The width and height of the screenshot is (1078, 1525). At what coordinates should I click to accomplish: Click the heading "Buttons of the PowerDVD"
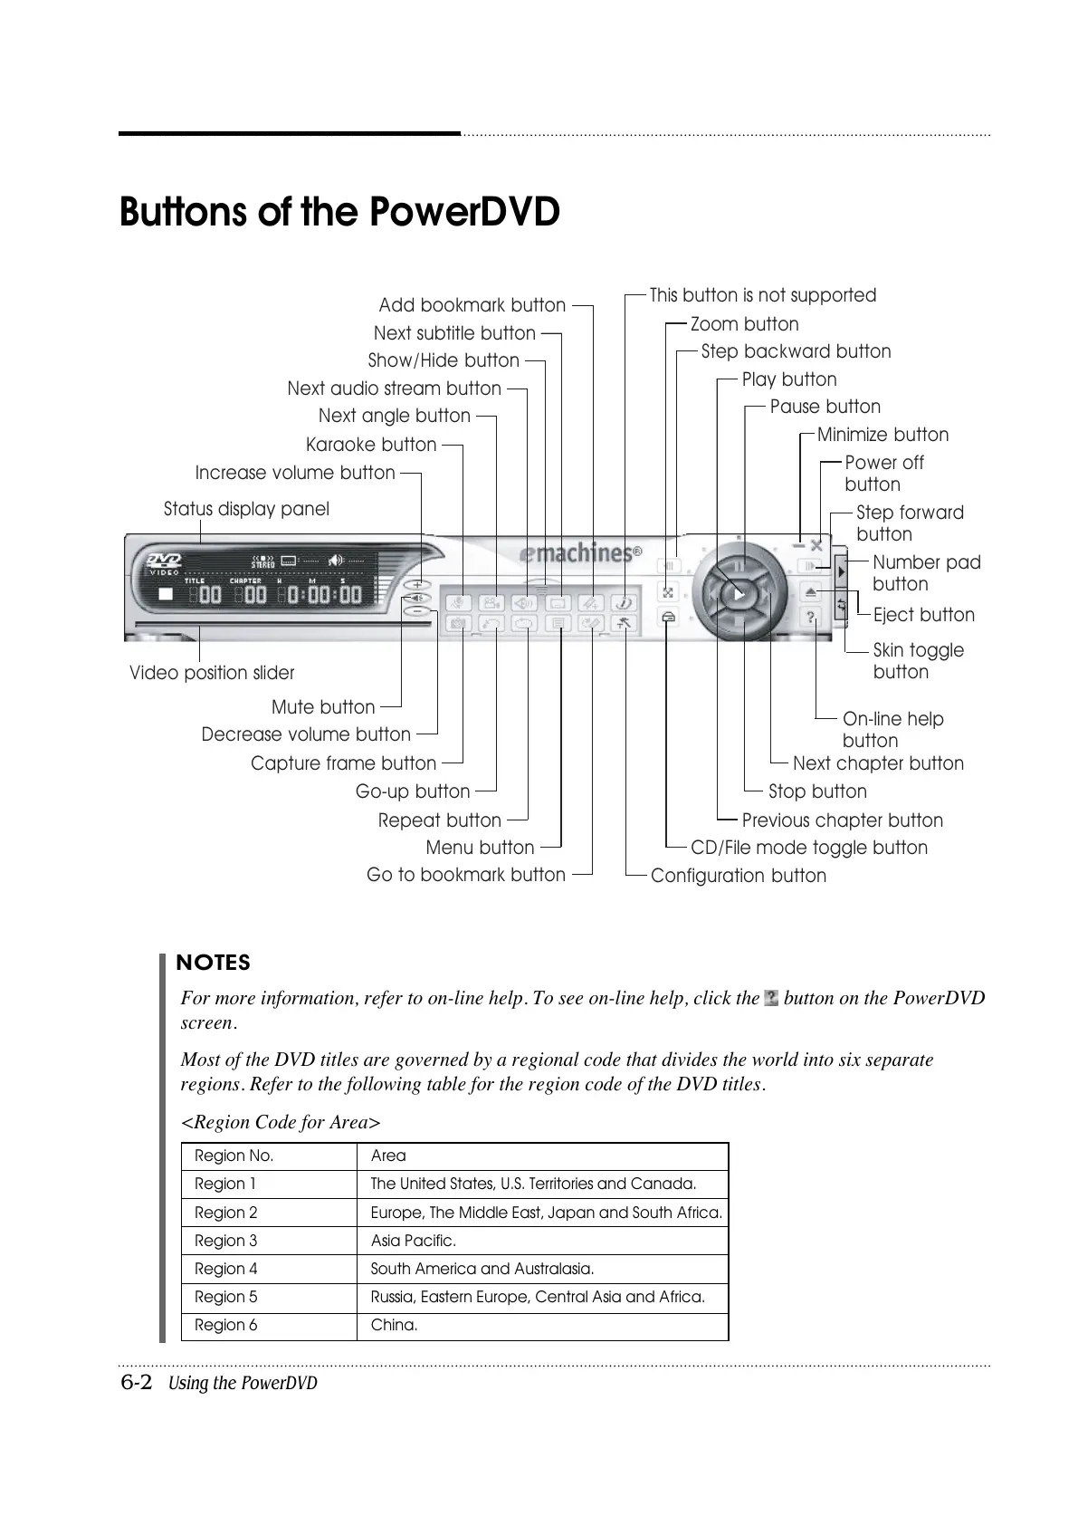[339, 214]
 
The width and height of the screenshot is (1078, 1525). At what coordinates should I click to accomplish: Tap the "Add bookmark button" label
[472, 305]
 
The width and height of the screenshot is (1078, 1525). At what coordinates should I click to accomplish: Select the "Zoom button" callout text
[744, 324]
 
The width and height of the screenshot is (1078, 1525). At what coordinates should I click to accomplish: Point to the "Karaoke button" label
[371, 445]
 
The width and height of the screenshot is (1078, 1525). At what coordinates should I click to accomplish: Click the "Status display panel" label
[246, 509]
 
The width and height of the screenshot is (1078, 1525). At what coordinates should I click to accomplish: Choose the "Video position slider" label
[212, 673]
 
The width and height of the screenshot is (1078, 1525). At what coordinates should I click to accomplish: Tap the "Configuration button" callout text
[738, 876]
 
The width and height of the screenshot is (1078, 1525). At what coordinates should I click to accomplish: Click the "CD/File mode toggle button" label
[808, 848]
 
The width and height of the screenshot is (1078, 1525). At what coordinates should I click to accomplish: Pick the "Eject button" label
[923, 615]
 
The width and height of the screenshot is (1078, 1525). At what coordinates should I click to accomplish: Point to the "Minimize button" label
[882, 435]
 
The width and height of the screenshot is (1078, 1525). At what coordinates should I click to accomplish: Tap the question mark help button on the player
[811, 618]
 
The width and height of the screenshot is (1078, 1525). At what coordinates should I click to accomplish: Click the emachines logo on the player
[580, 552]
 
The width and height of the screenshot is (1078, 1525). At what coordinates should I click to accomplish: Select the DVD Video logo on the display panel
[165, 564]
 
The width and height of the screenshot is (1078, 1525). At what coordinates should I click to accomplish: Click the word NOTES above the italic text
[214, 963]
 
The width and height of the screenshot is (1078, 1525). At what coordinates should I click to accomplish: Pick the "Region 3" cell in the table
[226, 1241]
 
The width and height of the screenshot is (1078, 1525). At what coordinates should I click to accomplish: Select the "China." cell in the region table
[394, 1325]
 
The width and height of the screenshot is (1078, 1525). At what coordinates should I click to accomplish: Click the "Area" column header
[388, 1156]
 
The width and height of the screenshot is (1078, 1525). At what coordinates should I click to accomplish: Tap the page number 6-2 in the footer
[137, 1383]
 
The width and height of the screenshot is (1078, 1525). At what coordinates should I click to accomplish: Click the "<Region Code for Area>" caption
[281, 1122]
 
